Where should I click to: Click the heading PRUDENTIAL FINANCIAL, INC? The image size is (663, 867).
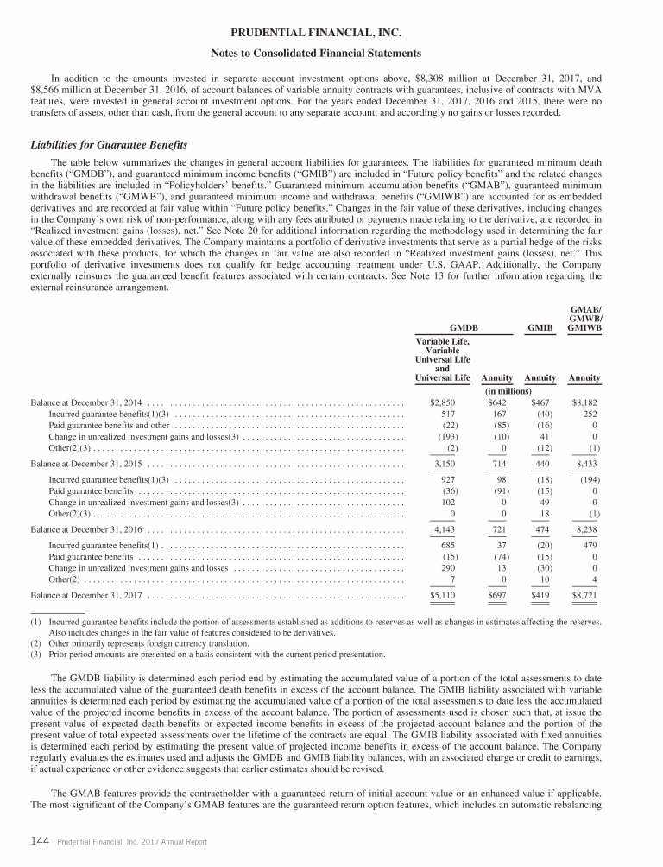[x=331, y=33]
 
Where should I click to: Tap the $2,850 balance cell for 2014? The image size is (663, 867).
[x=443, y=402]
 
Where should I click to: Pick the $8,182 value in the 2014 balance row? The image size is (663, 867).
[x=585, y=402]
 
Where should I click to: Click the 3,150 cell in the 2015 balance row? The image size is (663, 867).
[x=444, y=464]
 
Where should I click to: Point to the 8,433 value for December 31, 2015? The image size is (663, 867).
[x=587, y=464]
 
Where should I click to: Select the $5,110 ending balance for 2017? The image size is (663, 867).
[x=443, y=596]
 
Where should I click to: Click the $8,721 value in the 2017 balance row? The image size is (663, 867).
[x=585, y=596]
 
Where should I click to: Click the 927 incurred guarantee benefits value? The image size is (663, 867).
[x=448, y=479]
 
